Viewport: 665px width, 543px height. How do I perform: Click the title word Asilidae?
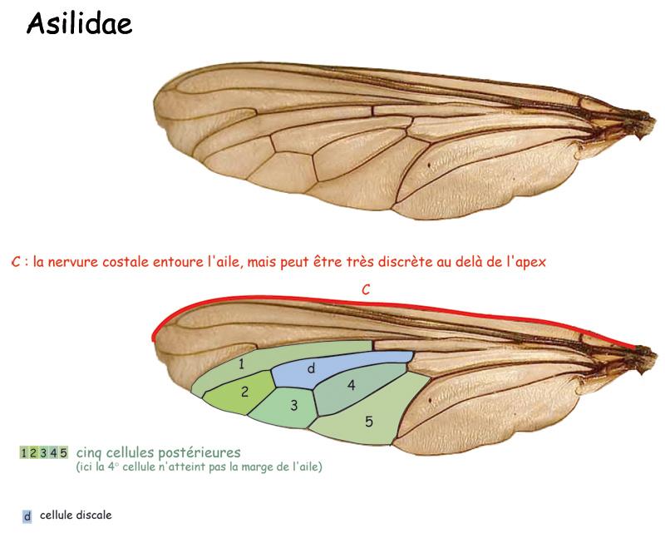coord(79,23)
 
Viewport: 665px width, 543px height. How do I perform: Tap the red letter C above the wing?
coord(366,289)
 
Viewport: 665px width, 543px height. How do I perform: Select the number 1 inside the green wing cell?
coord(241,364)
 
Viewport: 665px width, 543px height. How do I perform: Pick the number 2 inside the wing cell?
coord(244,392)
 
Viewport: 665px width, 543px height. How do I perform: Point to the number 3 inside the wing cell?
coord(294,406)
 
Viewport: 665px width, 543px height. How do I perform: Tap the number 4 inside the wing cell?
coord(351,385)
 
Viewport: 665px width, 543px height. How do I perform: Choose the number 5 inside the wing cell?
coord(369,422)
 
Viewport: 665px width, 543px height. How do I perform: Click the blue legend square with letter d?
coord(27,516)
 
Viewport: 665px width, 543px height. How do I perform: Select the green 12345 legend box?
coord(44,452)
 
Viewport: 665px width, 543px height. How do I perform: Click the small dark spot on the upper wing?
coord(429,165)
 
